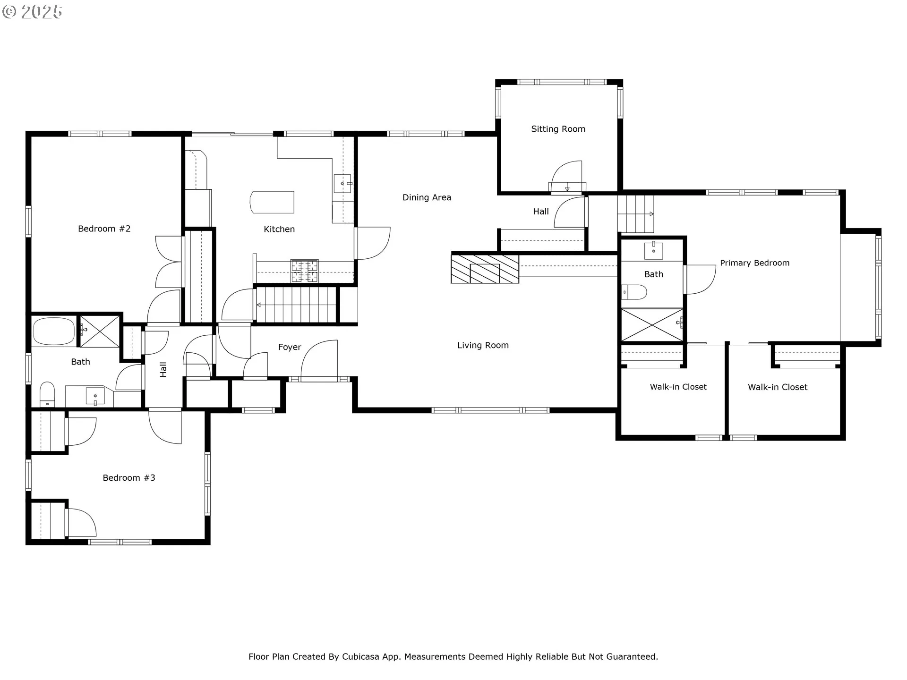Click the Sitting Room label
coord(558,129)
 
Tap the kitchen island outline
coord(272,202)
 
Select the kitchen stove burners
coord(304,271)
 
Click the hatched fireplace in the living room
coord(485,269)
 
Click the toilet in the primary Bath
coord(633,292)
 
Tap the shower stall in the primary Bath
coord(651,325)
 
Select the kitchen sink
coord(342,183)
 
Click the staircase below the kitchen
coord(296,305)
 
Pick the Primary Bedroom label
coord(754,263)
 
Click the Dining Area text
coord(427,197)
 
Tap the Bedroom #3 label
coord(129,478)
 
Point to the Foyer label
coord(290,347)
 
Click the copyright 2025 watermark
coord(32,11)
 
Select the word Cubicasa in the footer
coord(360,656)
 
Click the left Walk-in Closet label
coord(678,387)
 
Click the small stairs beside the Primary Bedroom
coord(636,214)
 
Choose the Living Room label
coord(483,345)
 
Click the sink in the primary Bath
coord(653,250)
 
